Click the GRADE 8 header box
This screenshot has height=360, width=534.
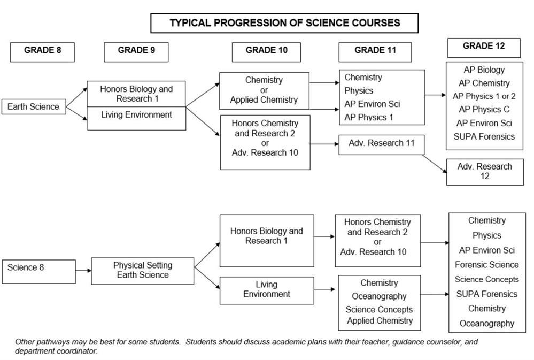point(42,52)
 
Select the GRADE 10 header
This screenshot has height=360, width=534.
point(266,52)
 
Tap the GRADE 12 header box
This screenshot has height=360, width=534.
point(484,48)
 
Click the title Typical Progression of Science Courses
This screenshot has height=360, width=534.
point(284,23)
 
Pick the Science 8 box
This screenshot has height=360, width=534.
point(39,272)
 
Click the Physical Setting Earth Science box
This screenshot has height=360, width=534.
point(143,271)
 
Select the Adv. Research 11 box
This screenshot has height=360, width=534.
point(382,144)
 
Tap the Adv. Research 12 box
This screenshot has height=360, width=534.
point(485,172)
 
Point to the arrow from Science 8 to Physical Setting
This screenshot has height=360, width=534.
point(83,271)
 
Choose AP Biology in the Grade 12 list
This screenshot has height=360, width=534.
point(484,70)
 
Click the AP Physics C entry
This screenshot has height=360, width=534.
point(484,110)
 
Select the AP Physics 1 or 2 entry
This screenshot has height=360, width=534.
point(484,96)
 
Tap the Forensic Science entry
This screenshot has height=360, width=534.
point(486,265)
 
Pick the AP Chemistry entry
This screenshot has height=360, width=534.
point(484,83)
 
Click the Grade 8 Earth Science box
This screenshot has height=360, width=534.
point(34,106)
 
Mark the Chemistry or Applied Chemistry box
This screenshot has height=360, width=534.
point(264,91)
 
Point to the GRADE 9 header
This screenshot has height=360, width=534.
point(136,52)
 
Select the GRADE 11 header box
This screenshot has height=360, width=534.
point(375,52)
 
